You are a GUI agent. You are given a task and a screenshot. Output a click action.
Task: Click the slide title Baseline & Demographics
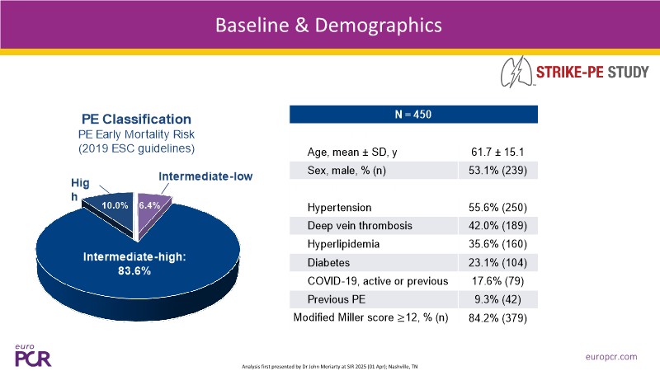point(328,25)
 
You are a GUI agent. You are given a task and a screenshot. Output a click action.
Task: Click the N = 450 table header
point(413,114)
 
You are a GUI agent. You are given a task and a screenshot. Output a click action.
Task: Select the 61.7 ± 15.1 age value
point(497,151)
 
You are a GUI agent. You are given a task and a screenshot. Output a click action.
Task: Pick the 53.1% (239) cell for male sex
point(497,170)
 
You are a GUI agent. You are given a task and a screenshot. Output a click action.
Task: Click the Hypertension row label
point(339,206)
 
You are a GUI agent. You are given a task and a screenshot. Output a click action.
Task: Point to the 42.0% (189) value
point(497,225)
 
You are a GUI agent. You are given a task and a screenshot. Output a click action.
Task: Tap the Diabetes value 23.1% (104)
point(497,262)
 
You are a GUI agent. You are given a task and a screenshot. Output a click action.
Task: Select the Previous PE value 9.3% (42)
point(497,300)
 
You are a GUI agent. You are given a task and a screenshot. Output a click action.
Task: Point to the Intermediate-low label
point(205,176)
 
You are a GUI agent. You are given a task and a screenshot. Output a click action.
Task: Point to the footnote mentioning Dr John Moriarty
point(330,364)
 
